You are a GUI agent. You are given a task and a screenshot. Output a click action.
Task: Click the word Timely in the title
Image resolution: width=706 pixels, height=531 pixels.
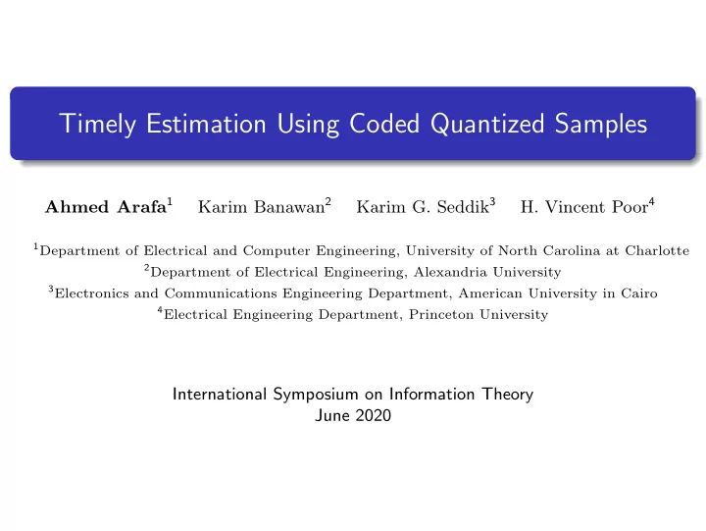tap(92, 125)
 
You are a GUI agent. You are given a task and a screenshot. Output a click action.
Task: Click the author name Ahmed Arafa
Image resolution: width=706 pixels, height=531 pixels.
tap(106, 207)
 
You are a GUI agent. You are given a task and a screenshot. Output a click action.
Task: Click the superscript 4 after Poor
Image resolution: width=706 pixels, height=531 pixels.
tap(651, 202)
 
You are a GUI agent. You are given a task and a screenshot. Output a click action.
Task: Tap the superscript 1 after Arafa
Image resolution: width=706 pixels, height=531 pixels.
tap(171, 202)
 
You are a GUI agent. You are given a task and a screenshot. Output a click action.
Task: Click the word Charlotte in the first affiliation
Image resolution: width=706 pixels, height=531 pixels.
tap(658, 250)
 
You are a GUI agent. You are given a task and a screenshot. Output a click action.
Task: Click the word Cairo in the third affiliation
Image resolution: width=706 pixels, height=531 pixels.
tap(638, 293)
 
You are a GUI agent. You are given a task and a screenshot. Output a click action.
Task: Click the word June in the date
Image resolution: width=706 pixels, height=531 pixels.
tap(330, 416)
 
